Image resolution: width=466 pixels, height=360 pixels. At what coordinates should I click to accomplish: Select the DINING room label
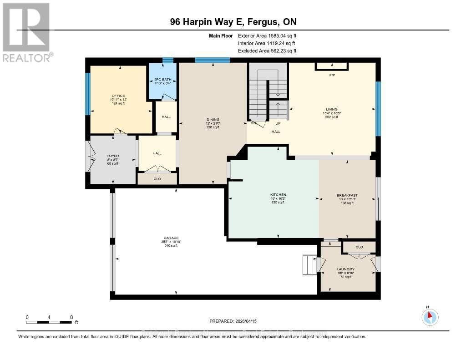click(x=213, y=120)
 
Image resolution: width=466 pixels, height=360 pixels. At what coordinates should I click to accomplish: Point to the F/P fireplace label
click(x=332, y=75)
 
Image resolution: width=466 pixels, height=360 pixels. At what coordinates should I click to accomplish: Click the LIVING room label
click(x=331, y=109)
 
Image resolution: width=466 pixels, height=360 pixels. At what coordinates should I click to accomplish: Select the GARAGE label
click(x=171, y=238)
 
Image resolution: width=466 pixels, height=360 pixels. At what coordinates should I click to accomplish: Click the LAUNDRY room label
click(x=346, y=269)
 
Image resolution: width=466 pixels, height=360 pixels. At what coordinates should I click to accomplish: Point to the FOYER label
click(x=112, y=156)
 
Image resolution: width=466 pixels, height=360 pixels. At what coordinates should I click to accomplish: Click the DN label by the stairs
click(x=253, y=123)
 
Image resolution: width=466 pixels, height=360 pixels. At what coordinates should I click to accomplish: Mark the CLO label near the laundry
click(x=359, y=247)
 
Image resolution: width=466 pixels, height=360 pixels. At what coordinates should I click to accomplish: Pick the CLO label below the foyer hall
click(x=157, y=179)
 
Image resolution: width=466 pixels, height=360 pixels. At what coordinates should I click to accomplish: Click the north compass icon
click(x=430, y=316)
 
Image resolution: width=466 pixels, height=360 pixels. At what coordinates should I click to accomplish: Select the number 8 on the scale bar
click(x=71, y=317)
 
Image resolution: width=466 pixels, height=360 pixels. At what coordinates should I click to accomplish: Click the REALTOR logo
click(x=26, y=32)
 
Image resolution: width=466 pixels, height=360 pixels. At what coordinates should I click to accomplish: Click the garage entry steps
click(x=309, y=264)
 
